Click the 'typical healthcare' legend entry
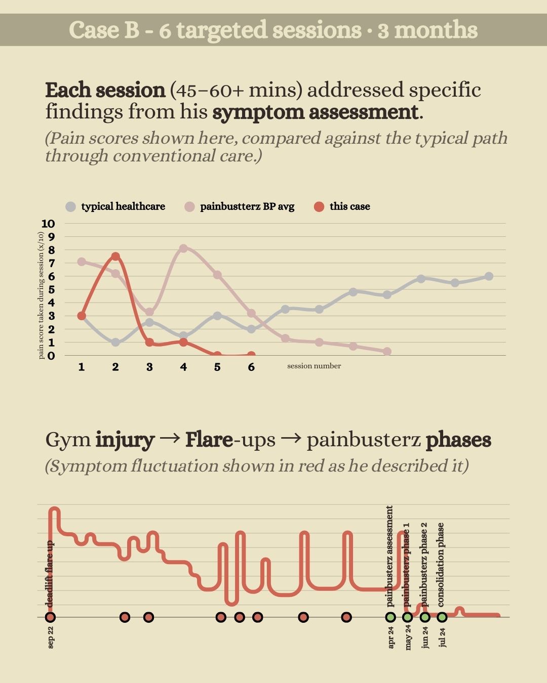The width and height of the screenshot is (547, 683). tap(122, 206)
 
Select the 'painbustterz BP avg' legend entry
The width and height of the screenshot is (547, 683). tap(247, 206)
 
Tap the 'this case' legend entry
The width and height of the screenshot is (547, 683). tap(349, 206)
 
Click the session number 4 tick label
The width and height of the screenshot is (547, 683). tap(183, 367)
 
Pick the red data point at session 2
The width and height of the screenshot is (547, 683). tap(115, 257)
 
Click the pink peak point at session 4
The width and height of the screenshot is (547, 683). tap(183, 248)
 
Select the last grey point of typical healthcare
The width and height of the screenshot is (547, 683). tap(489, 276)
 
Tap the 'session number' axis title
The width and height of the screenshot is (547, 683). tap(314, 366)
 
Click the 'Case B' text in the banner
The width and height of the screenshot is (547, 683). tap(104, 30)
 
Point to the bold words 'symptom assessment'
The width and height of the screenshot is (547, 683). tap(316, 112)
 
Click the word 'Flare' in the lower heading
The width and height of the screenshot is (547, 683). tap(209, 440)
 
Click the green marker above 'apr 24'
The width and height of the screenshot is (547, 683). tap(390, 617)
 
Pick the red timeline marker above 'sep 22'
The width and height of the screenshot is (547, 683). tap(50, 617)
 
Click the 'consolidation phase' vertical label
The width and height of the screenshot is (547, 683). tap(441, 565)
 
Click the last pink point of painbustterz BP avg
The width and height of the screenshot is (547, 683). tap(387, 351)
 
